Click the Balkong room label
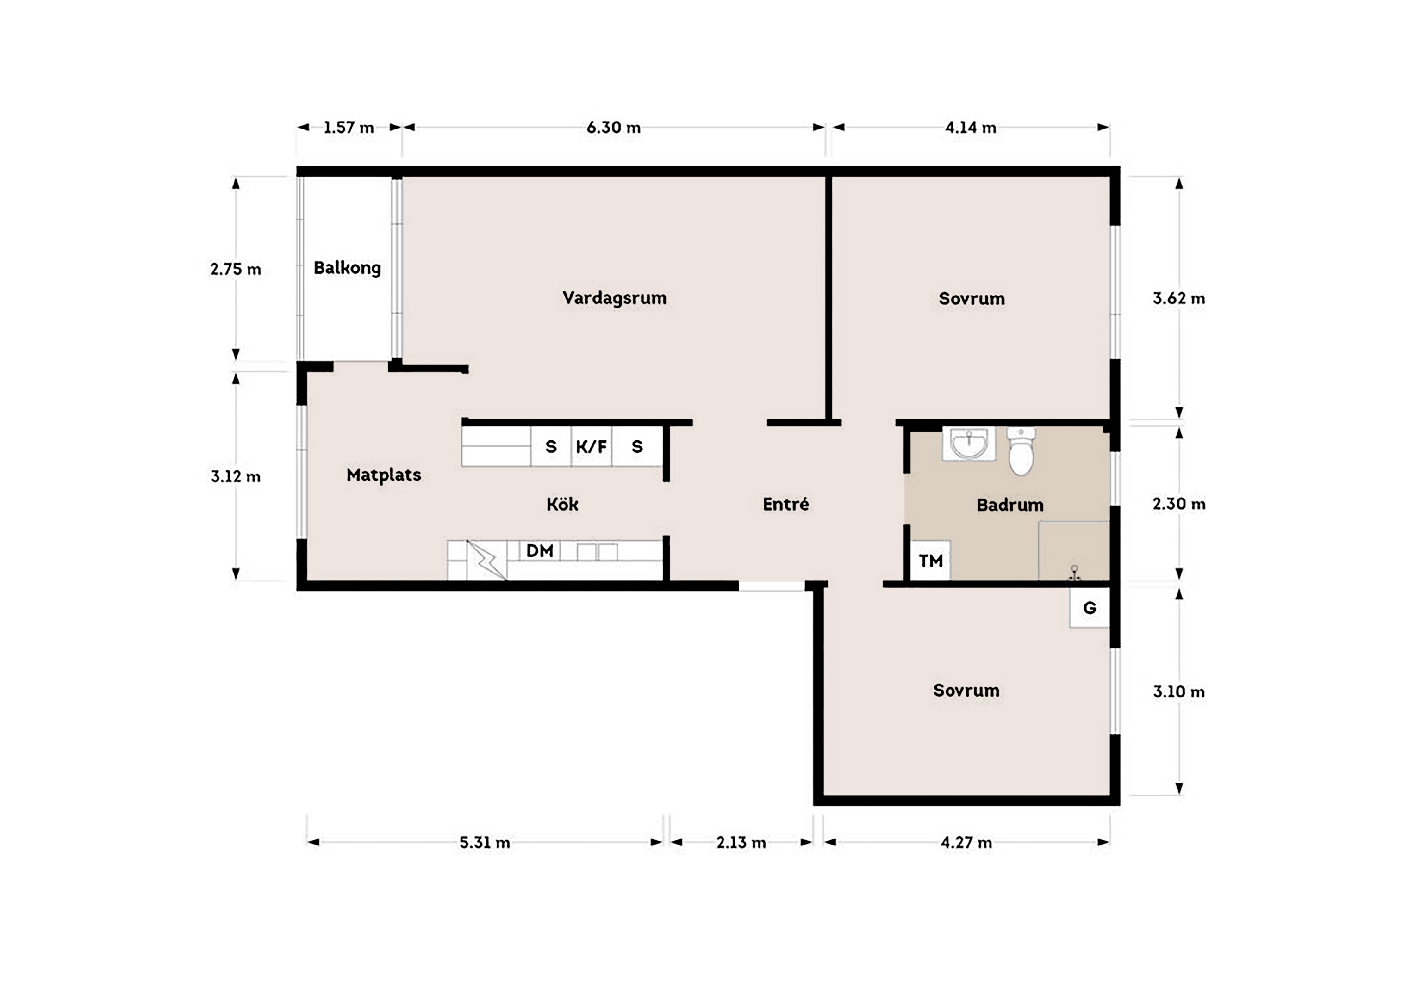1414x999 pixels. [347, 268]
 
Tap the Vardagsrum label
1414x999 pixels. [614, 298]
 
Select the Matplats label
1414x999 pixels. [384, 475]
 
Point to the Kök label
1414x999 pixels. [562, 504]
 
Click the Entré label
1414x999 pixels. [786, 504]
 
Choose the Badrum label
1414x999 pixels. [1010, 505]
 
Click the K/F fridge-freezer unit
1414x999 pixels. [591, 446]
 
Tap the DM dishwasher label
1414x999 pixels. [540, 550]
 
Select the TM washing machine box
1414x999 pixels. [930, 561]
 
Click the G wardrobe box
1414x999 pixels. [1090, 608]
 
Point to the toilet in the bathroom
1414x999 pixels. [1021, 452]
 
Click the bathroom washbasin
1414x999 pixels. [969, 444]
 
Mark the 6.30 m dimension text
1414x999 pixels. [613, 127]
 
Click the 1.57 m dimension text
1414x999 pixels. [349, 127]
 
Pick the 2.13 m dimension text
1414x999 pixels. [741, 842]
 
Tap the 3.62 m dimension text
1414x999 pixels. [1179, 298]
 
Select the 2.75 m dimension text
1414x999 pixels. [235, 269]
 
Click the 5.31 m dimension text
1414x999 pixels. [485, 842]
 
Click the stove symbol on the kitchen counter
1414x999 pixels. [486, 560]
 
